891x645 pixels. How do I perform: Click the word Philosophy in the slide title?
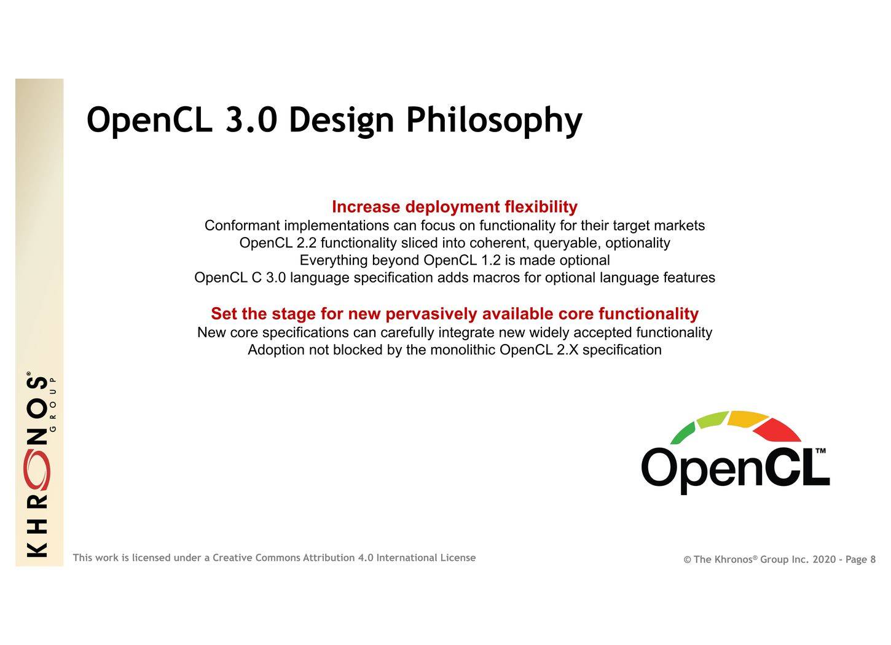(494, 121)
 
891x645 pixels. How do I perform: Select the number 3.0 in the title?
(251, 120)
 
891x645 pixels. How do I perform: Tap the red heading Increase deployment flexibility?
(455, 207)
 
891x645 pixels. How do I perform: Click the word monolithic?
(463, 350)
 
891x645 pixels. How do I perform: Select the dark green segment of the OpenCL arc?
(683, 434)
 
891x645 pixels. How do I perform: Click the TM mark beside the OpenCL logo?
(820, 451)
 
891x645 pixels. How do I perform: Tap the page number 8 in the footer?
(873, 560)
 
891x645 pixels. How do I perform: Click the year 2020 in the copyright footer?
(824, 560)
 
